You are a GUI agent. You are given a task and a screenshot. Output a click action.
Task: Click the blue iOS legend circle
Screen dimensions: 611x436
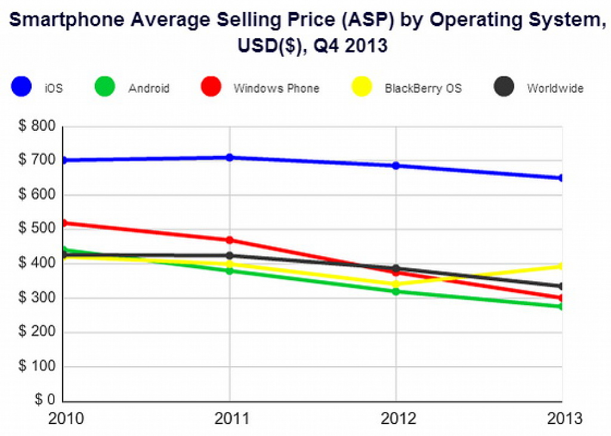pyautogui.click(x=21, y=87)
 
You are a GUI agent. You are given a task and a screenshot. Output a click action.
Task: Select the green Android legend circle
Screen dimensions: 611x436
pyautogui.click(x=105, y=87)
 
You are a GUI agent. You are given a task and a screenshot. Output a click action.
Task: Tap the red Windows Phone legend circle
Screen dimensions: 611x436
pyautogui.click(x=211, y=87)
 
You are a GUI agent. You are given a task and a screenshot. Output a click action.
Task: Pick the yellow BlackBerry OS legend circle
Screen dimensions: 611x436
pyautogui.click(x=362, y=87)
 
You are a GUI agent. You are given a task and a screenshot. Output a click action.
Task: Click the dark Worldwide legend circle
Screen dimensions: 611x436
pyautogui.click(x=504, y=87)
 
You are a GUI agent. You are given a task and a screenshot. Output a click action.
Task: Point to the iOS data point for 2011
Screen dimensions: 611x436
pyautogui.click(x=230, y=158)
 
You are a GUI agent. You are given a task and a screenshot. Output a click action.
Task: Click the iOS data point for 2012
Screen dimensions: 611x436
pyautogui.click(x=396, y=166)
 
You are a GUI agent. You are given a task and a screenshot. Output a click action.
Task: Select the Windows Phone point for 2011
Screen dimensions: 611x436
pyautogui.click(x=230, y=240)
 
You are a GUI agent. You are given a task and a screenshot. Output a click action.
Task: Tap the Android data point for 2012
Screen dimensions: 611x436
pyautogui.click(x=396, y=291)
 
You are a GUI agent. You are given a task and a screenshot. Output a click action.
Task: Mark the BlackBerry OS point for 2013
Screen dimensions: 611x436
pyautogui.click(x=560, y=266)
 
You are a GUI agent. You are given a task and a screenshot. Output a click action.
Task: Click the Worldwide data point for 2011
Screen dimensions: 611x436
pyautogui.click(x=230, y=256)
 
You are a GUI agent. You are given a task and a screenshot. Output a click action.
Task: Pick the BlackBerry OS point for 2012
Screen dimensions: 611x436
pyautogui.click(x=396, y=284)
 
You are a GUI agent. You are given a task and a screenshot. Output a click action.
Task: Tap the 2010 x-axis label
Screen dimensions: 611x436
pyautogui.click(x=66, y=419)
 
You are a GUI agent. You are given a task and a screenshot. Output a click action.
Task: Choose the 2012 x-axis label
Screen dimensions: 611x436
pyautogui.click(x=398, y=419)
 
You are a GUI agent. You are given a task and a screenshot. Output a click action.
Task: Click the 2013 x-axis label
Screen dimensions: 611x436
pyautogui.click(x=564, y=419)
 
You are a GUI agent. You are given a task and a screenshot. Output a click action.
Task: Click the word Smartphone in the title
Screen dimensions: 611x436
pyautogui.click(x=67, y=20)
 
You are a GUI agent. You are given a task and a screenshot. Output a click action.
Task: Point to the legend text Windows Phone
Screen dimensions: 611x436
pyautogui.click(x=276, y=88)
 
